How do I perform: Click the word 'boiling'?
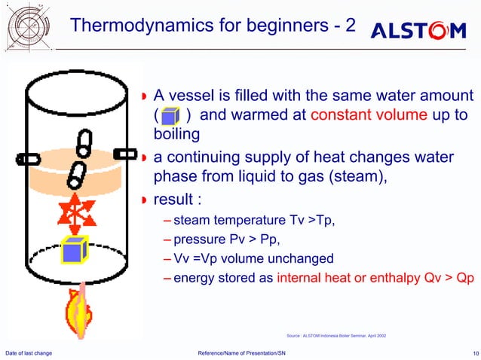tap(176, 134)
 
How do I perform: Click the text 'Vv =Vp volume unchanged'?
tap(253, 258)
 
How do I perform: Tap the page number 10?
tap(470, 352)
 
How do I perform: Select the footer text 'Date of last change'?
tap(29, 352)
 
